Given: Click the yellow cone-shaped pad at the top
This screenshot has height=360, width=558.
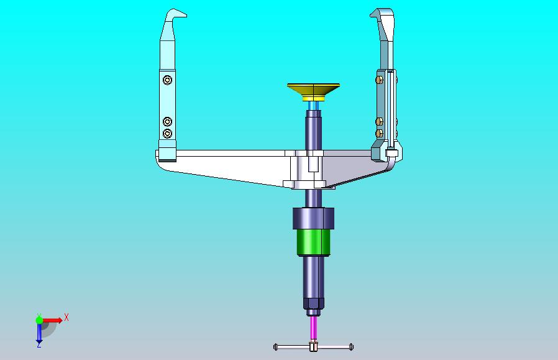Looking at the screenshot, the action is tap(314, 92).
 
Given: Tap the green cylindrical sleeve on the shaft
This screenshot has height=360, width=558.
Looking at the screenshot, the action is tap(314, 243).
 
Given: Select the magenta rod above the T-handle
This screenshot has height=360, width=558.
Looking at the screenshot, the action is tap(314, 328).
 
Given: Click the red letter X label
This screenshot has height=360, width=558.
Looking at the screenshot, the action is tap(66, 317).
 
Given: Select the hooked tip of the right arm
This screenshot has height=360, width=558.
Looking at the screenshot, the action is tap(380, 14).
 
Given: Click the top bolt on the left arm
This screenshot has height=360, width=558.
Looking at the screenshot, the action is tap(167, 80).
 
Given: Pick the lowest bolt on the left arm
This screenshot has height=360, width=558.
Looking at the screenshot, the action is tap(167, 134).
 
